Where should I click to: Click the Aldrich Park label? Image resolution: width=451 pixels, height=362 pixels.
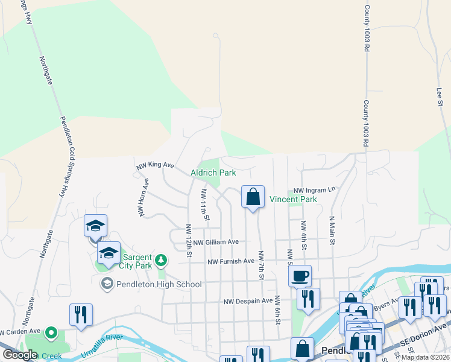click(x=213, y=173)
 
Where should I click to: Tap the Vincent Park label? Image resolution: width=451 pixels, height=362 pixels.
click(x=292, y=199)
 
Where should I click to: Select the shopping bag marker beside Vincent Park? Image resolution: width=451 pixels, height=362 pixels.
click(x=253, y=197)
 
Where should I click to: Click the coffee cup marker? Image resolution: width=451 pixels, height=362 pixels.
click(x=300, y=276)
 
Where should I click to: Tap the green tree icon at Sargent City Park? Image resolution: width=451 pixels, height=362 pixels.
click(x=160, y=261)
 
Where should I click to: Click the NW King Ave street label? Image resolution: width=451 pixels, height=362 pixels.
click(x=155, y=165)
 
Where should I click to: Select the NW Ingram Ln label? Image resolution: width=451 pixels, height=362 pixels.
click(x=314, y=189)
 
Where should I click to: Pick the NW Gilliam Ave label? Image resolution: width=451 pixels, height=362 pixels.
click(x=216, y=242)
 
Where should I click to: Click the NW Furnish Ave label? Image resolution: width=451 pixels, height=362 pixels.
click(x=231, y=262)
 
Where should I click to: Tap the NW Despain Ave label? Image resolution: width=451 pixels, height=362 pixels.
click(x=248, y=301)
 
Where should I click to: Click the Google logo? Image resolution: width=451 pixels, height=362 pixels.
click(x=20, y=355)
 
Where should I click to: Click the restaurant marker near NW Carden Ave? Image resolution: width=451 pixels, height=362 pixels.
click(x=81, y=314)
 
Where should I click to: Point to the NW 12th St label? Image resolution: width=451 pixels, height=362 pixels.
click(x=189, y=241)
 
